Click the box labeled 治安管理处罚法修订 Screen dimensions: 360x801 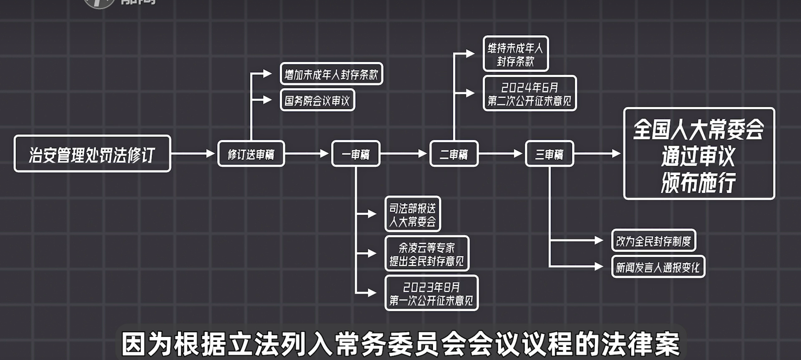(x=92, y=154)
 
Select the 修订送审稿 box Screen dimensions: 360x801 (x=251, y=154)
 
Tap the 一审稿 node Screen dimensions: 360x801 (x=356, y=154)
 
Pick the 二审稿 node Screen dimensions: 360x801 (x=454, y=154)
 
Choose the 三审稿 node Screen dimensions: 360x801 (x=549, y=154)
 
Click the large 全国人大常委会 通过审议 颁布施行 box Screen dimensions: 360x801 (x=699, y=154)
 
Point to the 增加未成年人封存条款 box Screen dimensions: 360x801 (x=331, y=74)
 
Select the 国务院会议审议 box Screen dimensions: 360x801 (x=317, y=100)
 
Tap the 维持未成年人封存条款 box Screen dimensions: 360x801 (x=515, y=54)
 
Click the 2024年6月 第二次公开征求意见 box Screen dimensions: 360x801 (x=530, y=93)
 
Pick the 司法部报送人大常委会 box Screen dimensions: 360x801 (x=413, y=214)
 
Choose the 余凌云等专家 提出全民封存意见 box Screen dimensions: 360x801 (x=427, y=254)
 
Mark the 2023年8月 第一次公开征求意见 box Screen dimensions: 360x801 (x=431, y=293)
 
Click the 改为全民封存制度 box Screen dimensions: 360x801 (x=654, y=240)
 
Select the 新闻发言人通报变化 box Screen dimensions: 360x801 (x=658, y=267)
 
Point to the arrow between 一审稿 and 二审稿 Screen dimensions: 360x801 (x=404, y=154)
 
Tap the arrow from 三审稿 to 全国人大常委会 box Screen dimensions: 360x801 (x=597, y=154)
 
